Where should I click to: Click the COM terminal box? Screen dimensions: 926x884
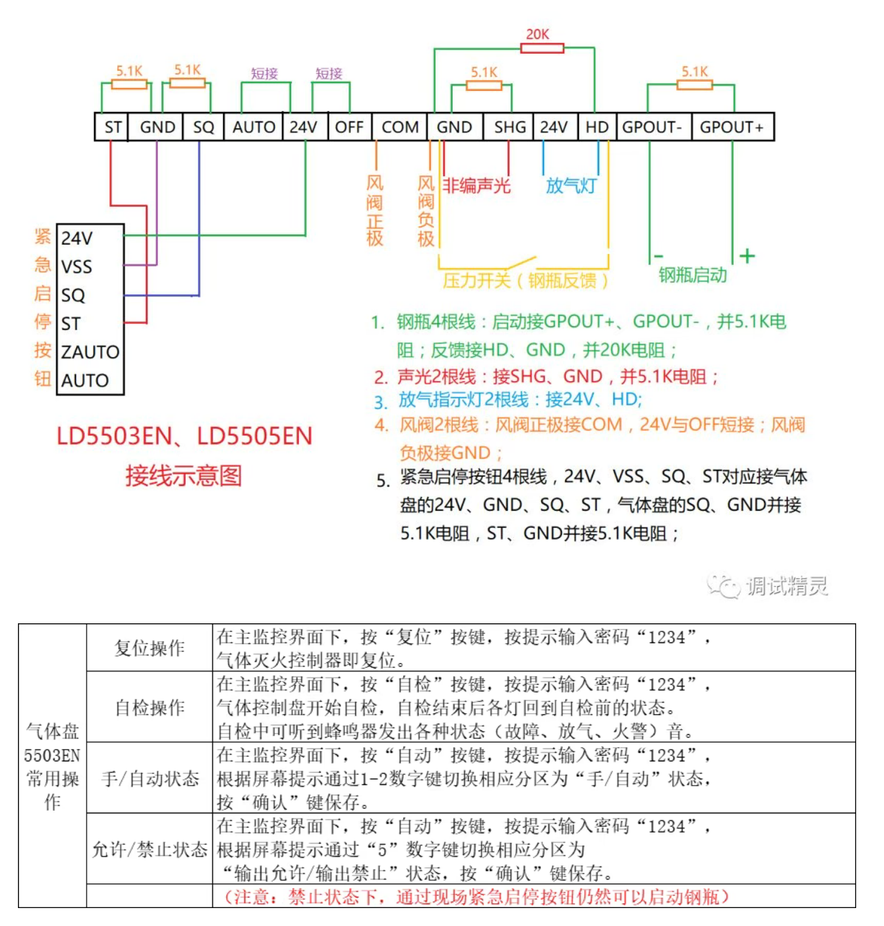(x=400, y=128)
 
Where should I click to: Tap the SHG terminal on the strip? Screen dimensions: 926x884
(x=509, y=128)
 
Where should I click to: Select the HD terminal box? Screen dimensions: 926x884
(x=597, y=128)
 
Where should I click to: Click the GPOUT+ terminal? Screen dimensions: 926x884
(x=732, y=128)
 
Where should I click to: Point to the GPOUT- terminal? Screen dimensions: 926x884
(x=652, y=128)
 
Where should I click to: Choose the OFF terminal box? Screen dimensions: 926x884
(x=349, y=128)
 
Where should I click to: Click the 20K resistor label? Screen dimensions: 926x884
(x=537, y=35)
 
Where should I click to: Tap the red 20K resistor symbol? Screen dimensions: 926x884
(x=542, y=48)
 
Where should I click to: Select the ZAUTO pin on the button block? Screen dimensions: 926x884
(x=90, y=352)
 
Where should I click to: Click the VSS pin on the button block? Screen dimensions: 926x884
(x=77, y=267)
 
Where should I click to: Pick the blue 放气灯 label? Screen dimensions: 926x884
(x=571, y=186)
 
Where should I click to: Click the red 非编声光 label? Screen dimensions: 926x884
(x=476, y=186)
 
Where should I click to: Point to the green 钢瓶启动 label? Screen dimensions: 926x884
(x=693, y=275)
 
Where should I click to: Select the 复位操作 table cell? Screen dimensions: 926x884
(x=149, y=648)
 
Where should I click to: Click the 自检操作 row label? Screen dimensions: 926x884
(x=149, y=707)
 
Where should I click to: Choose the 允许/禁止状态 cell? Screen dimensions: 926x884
(x=149, y=849)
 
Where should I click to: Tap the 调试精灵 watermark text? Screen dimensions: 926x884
(x=786, y=586)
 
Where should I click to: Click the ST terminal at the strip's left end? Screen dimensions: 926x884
(x=113, y=128)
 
